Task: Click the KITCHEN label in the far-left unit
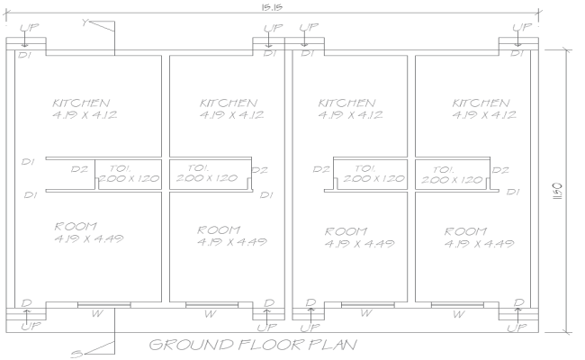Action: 81,103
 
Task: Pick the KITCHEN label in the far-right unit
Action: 484,103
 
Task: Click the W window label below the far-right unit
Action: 459,315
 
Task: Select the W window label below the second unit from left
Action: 210,315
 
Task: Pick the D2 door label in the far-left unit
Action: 80,168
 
